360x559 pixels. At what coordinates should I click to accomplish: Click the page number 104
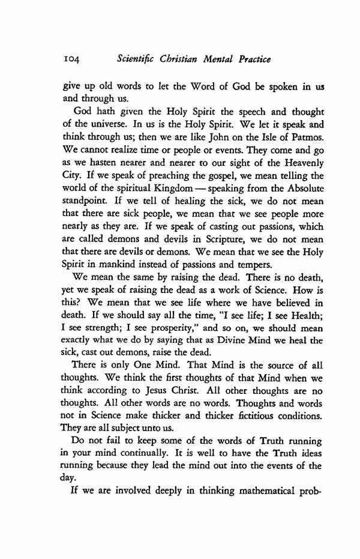(x=73, y=60)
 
